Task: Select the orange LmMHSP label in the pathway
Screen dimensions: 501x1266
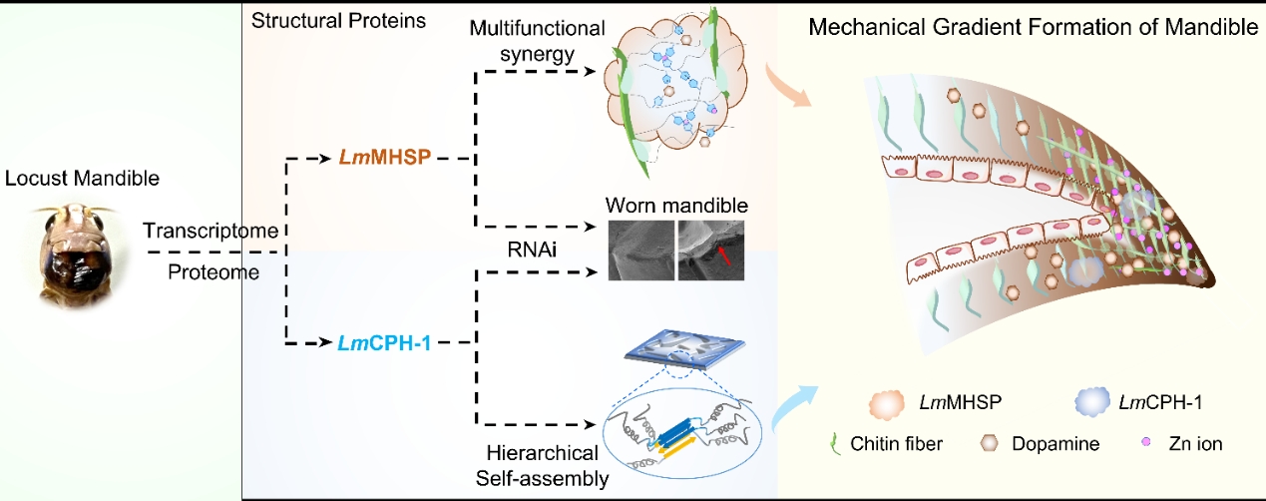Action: point(392,158)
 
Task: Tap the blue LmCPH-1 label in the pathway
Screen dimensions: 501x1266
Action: point(391,343)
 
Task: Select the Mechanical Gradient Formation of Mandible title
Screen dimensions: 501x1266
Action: point(1034,27)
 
